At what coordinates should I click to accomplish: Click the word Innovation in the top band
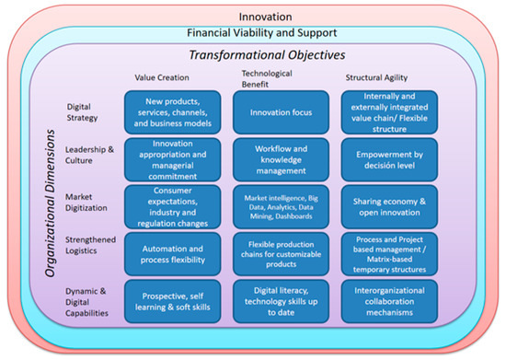(x=254, y=16)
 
